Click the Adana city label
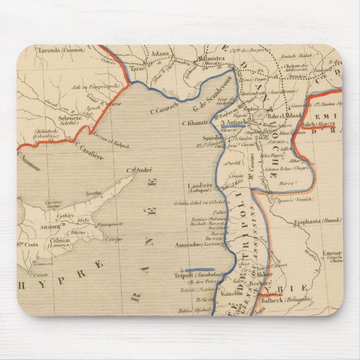[x=159, y=55]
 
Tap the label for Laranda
[x=48, y=50]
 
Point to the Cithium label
[x=60, y=240]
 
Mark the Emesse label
[x=332, y=253]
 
